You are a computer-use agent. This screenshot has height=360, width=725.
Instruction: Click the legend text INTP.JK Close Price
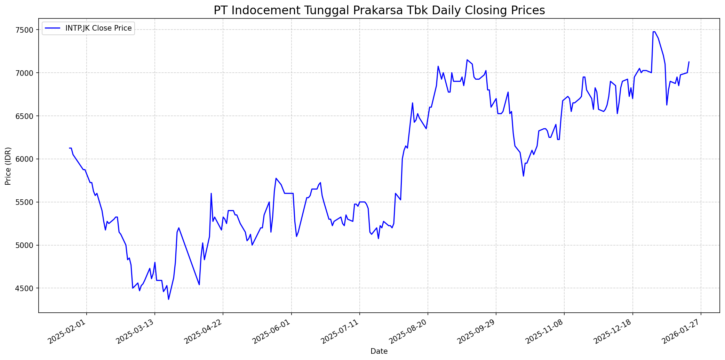coord(98,28)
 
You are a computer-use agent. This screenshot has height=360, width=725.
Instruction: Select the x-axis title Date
coord(379,351)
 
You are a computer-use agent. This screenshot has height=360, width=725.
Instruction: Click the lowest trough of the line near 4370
coord(169,299)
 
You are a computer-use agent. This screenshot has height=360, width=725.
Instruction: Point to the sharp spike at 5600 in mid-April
coord(211,193)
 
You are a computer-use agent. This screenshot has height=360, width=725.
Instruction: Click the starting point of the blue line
coord(70,148)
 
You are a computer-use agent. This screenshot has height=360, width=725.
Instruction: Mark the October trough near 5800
coord(523,176)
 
